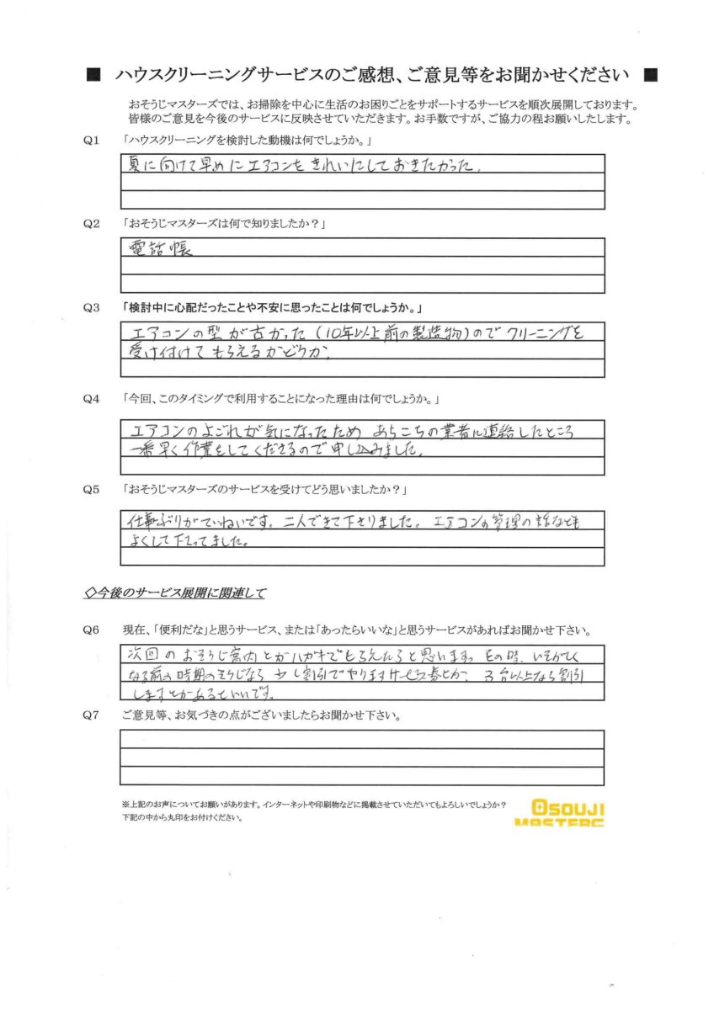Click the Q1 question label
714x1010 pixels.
coord(93,139)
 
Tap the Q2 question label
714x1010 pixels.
coord(93,224)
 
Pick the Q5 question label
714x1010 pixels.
coord(93,488)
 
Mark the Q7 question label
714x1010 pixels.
coord(93,716)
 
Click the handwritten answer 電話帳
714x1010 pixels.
coord(160,249)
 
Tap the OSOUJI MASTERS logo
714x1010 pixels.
coord(559,813)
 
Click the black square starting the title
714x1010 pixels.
coord(93,75)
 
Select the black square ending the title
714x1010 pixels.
coord(649,75)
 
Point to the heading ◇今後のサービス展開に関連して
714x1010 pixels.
coord(176,593)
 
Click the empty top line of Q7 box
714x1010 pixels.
coord(362,738)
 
